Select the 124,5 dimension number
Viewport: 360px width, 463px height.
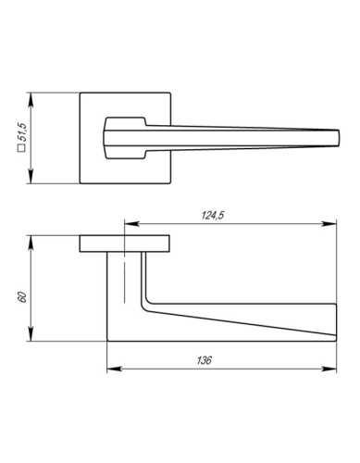point(213,216)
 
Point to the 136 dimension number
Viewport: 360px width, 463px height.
point(205,360)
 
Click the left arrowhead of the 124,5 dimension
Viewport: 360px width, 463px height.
point(129,223)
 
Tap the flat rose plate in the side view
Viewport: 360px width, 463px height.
point(123,243)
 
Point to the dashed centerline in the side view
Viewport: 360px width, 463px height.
point(124,278)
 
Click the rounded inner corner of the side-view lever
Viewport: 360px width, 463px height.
point(145,304)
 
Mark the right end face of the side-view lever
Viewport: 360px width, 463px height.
point(333,322)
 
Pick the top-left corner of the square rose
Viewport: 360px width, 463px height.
point(81,93)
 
